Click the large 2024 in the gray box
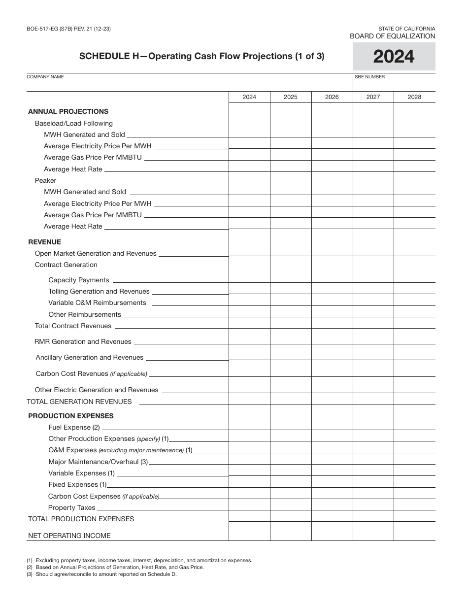394,57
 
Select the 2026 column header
332,97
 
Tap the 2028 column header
414,97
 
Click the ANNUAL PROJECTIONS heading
68,111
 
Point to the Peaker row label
45,180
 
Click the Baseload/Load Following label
73,123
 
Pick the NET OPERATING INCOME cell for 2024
249,532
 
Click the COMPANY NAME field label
45,77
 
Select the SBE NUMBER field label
369,77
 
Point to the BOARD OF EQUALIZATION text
392,36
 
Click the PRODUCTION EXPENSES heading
70,416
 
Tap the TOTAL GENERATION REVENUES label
79,402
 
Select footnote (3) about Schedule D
101,574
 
